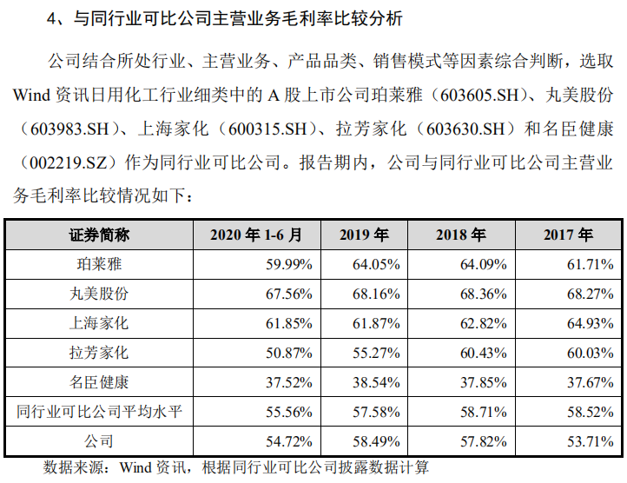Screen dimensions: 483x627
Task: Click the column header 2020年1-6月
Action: tap(256, 235)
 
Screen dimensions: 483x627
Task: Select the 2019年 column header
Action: tap(364, 235)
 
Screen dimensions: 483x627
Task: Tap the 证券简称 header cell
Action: tap(99, 235)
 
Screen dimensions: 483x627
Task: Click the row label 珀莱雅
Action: tap(99, 264)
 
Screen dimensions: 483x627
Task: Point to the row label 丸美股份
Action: tap(99, 294)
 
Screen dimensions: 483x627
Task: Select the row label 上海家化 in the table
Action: tap(99, 323)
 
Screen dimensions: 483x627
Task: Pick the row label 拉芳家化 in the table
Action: tap(99, 353)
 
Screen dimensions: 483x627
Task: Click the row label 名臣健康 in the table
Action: tap(99, 382)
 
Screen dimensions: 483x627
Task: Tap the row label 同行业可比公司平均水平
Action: tap(99, 412)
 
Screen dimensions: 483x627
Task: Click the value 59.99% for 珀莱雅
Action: tap(284, 264)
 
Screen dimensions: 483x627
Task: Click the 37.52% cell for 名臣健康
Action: tap(284, 382)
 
